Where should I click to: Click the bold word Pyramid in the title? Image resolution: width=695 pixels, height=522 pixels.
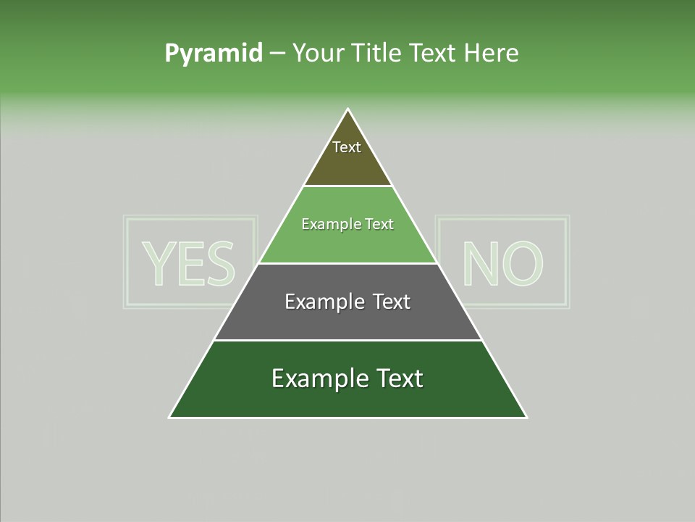[214, 54]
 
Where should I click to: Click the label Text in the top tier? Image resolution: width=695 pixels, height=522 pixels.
[347, 147]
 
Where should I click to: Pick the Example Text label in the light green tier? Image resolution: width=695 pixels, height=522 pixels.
[347, 224]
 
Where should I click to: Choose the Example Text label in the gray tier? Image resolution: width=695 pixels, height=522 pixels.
[347, 302]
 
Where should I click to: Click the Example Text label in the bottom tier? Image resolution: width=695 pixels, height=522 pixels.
[347, 378]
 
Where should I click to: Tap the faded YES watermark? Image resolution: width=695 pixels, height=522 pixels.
[190, 262]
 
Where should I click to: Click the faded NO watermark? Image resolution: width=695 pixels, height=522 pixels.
[502, 262]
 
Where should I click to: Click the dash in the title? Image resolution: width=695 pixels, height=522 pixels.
[277, 54]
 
